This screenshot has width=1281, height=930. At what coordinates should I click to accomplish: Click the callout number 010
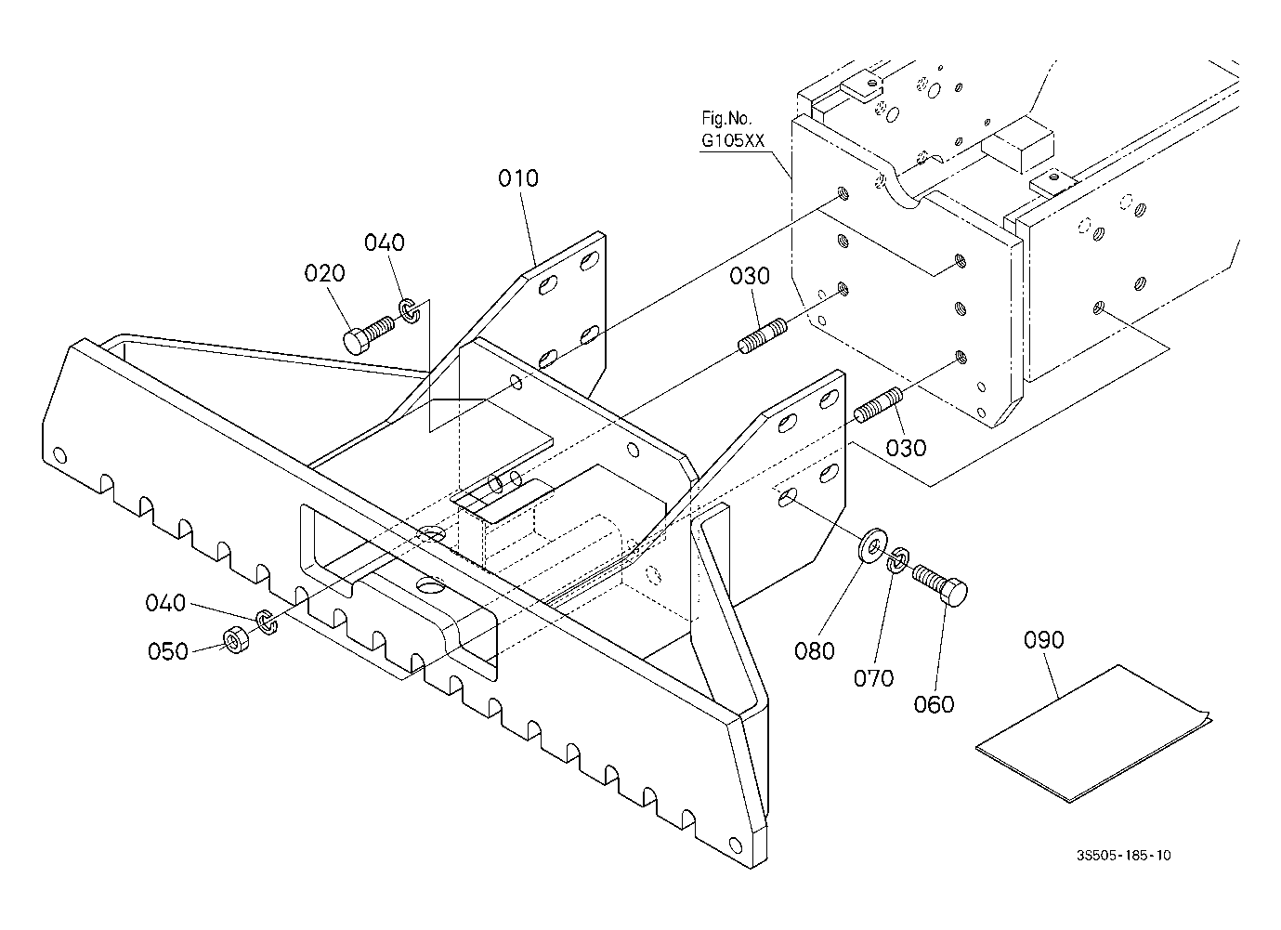[x=518, y=178]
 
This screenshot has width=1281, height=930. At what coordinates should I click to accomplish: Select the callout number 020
[x=324, y=273]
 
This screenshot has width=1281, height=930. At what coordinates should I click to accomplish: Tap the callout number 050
[x=167, y=651]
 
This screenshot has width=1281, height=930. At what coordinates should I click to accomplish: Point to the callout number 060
[x=934, y=704]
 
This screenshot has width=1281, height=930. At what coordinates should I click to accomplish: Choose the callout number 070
[x=873, y=678]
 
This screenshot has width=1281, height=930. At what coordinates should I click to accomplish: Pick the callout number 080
[x=815, y=651]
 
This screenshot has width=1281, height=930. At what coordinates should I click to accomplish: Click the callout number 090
[x=1044, y=640]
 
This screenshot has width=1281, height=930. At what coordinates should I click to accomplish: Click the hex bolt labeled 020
[x=368, y=335]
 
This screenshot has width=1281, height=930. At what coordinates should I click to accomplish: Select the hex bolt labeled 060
[x=939, y=583]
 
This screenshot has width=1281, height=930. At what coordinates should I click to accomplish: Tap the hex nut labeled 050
[x=234, y=640]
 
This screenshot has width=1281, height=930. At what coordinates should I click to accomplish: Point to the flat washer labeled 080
[x=872, y=545]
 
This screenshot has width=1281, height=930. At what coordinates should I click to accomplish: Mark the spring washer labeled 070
[x=896, y=560]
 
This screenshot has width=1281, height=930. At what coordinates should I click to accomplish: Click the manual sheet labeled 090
[x=1092, y=733]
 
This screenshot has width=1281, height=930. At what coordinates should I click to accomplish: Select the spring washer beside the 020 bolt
[x=410, y=309]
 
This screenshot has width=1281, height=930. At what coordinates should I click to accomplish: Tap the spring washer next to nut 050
[x=266, y=622]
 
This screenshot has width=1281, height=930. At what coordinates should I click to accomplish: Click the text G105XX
[x=733, y=140]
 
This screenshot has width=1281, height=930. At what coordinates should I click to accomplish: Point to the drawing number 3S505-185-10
[x=1124, y=856]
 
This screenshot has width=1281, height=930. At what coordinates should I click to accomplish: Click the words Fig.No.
[x=726, y=118]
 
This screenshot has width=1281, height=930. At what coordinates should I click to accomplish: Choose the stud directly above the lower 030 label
[x=879, y=405]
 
